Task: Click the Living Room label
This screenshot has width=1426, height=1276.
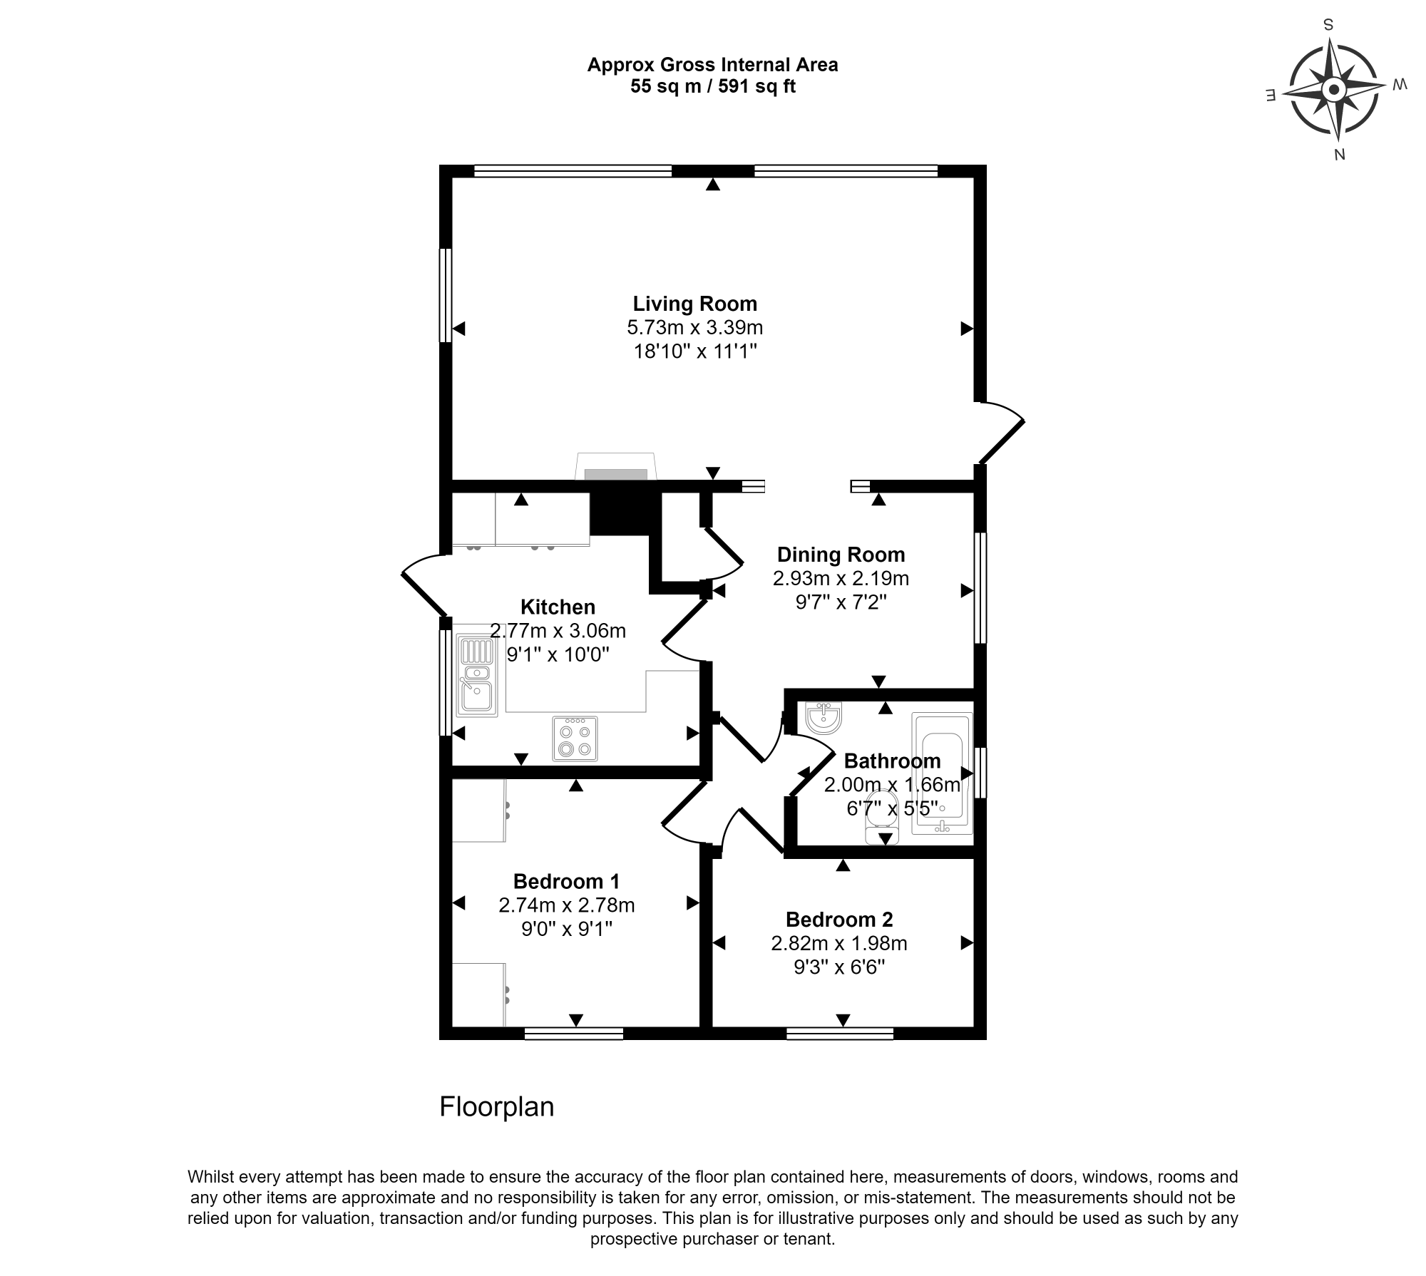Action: coord(694,304)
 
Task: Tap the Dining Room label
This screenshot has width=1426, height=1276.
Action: coord(841,555)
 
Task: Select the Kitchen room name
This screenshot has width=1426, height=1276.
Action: coord(558,607)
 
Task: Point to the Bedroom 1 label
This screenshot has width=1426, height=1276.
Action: coord(566,881)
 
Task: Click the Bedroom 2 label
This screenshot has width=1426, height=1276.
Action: coord(839,920)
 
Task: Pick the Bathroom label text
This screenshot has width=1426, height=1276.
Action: coord(892,761)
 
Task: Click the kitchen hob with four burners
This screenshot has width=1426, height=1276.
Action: coord(575,739)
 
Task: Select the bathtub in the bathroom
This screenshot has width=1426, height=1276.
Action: coord(942,773)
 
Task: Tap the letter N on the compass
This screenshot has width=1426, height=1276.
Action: coord(1339,155)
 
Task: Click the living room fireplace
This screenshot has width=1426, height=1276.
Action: coord(615,467)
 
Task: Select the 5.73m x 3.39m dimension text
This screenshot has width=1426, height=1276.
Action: coord(694,328)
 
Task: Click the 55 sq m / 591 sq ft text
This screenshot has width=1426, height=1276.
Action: coord(712,87)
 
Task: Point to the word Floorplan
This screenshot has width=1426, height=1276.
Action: coord(497,1106)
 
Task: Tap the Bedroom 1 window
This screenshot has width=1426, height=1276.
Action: coord(574,1034)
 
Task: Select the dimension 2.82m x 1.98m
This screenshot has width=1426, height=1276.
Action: coord(839,944)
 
